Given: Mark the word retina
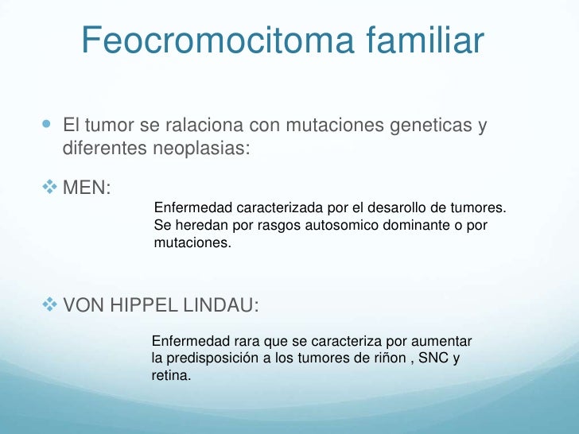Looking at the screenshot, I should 171,375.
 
